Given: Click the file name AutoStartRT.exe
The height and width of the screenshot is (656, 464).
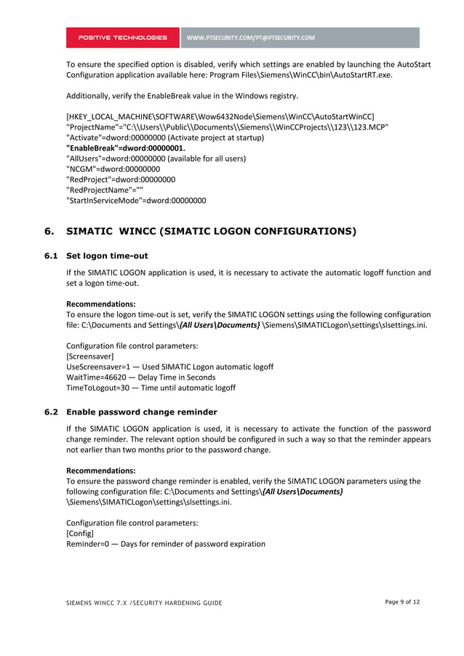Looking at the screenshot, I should coord(353,75).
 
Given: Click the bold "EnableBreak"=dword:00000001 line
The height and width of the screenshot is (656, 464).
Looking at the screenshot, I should coord(126,148).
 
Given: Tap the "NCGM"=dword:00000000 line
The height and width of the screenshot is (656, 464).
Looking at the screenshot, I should coord(113,169).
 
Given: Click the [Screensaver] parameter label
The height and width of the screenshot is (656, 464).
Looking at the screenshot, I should coord(89,356).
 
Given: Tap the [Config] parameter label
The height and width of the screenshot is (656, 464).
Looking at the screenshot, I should coord(80,533).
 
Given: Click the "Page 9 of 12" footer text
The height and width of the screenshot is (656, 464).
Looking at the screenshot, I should coord(402,601).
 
